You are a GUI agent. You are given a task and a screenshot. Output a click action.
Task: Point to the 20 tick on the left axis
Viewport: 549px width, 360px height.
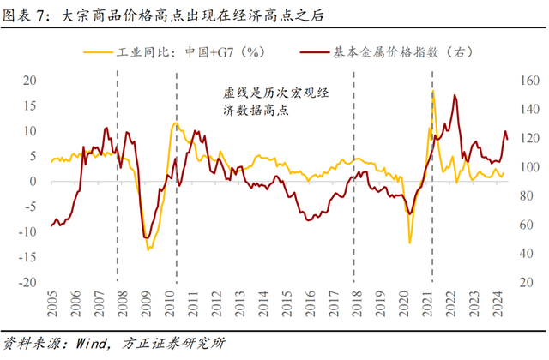29,81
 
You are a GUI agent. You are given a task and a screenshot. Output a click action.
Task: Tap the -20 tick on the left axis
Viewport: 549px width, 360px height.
27,282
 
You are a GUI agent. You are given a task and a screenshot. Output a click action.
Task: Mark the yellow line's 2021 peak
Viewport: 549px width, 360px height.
433,91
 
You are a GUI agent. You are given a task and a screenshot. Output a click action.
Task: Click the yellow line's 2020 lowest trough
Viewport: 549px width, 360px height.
409,243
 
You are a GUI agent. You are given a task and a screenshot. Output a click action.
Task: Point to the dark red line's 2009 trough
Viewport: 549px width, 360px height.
147,238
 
